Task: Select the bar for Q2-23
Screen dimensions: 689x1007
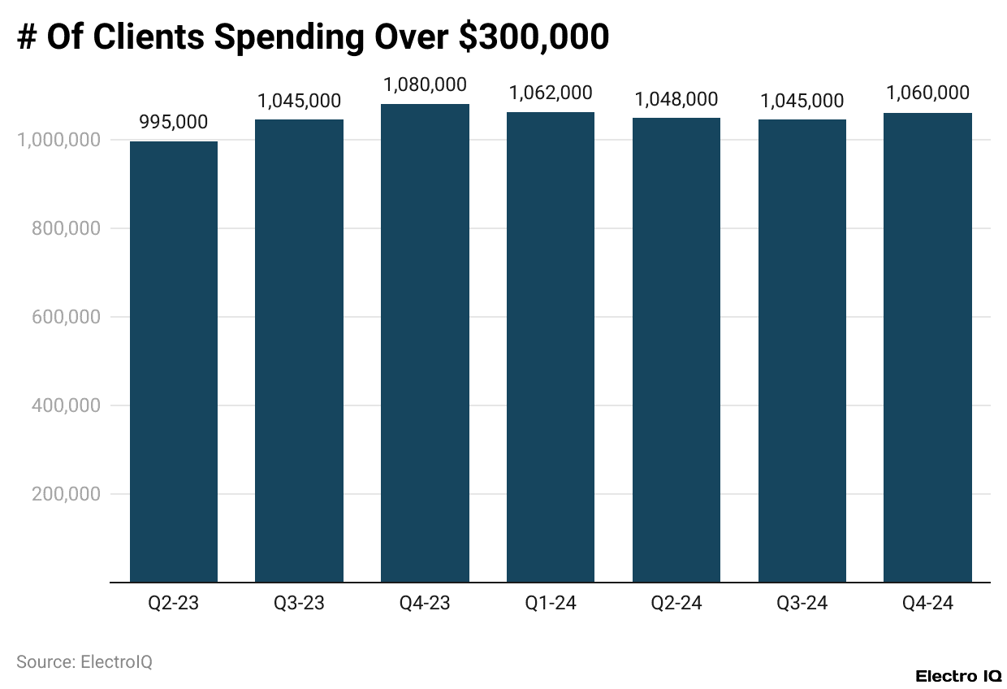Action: pyautogui.click(x=174, y=362)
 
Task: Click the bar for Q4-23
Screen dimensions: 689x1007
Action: pyautogui.click(x=425, y=343)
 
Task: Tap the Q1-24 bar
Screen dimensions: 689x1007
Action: pyautogui.click(x=551, y=347)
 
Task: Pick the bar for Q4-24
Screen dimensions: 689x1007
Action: pyautogui.click(x=927, y=348)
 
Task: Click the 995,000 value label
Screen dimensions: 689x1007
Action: pyautogui.click(x=174, y=123)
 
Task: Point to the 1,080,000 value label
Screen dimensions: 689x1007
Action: pyautogui.click(x=425, y=84)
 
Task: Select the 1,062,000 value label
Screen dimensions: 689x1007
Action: pyautogui.click(x=551, y=93)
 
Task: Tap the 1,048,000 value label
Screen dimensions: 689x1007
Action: pyautogui.click(x=676, y=99)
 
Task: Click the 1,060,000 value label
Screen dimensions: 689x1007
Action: pyautogui.click(x=927, y=93)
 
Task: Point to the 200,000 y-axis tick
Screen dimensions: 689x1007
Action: pyautogui.click(x=66, y=494)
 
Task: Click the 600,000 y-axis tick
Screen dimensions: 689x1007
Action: pyautogui.click(x=66, y=317)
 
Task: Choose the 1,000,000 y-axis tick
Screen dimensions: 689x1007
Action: pyautogui.click(x=58, y=140)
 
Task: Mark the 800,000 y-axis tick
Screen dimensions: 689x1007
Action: pyautogui.click(x=66, y=228)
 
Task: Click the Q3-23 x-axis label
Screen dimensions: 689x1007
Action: pyautogui.click(x=299, y=604)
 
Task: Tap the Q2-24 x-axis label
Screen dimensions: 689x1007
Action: pyautogui.click(x=676, y=604)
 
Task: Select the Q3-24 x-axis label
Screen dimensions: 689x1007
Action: pyautogui.click(x=802, y=604)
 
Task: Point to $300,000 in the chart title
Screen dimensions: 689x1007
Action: pyautogui.click(x=534, y=37)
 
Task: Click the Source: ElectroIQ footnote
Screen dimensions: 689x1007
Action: pyautogui.click(x=84, y=662)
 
